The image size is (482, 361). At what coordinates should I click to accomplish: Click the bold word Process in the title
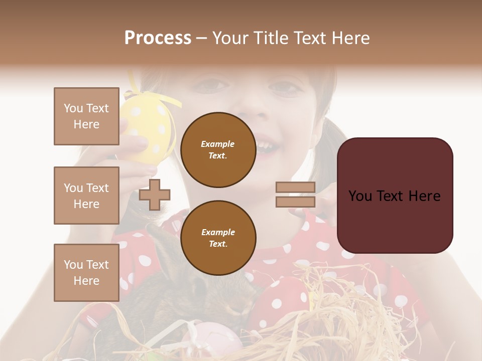tap(158, 38)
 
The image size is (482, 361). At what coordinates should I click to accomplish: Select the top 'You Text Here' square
tap(86, 116)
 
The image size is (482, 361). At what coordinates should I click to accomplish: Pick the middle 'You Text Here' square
tap(86, 196)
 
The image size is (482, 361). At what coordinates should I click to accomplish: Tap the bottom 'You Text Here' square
tap(86, 272)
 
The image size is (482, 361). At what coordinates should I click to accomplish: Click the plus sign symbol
tap(155, 195)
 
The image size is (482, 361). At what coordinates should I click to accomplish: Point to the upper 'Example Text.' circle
tap(218, 150)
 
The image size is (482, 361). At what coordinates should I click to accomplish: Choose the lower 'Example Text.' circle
tap(218, 238)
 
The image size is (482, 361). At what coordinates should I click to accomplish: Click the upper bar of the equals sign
tap(295, 187)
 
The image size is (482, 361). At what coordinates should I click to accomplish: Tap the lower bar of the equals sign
tap(295, 202)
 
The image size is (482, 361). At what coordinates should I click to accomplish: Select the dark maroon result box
tap(395, 196)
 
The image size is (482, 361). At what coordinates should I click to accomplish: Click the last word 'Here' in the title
tap(351, 38)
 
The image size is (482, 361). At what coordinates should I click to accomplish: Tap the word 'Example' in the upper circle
tap(218, 144)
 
